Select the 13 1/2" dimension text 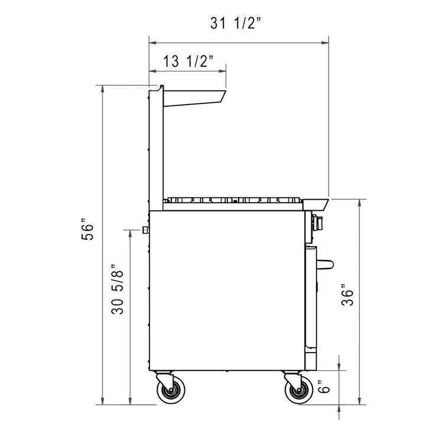pos(188,61)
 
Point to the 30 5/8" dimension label pos(118,290)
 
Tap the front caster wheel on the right pos(297,391)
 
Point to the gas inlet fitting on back pos(144,229)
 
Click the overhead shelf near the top pos(194,97)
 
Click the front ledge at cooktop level pos(317,204)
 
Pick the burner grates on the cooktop pos(233,198)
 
